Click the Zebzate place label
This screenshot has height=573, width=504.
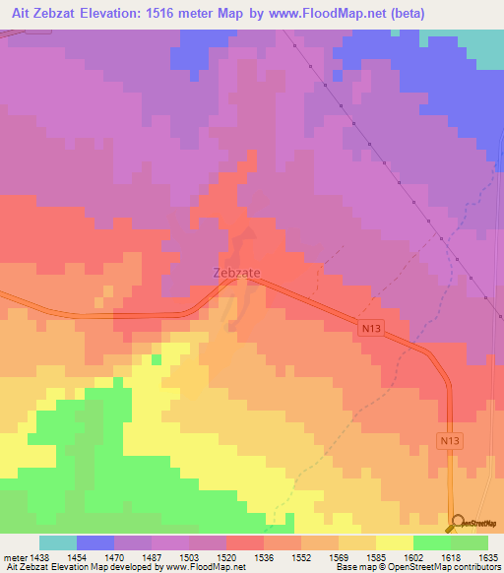[236, 273]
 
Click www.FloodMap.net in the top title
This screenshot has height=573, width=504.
[376, 14]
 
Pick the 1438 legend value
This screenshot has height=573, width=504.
[40, 556]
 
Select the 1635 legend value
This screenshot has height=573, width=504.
[488, 556]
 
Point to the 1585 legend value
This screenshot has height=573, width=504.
[376, 556]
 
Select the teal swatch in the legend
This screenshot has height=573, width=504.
[58, 542]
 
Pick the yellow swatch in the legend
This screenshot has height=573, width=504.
[395, 542]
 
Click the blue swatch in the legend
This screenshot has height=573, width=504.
[95, 542]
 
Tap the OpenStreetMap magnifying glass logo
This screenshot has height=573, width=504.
[457, 523]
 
